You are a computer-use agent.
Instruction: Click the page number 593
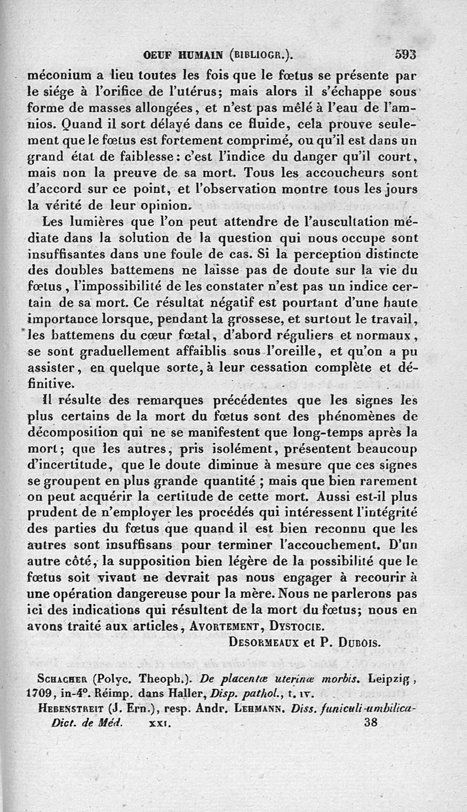pos(405,55)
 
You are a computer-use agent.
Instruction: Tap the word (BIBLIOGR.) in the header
pos(261,55)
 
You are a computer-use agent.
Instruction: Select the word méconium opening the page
pos(57,75)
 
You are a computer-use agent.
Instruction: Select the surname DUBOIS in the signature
pos(359,642)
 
